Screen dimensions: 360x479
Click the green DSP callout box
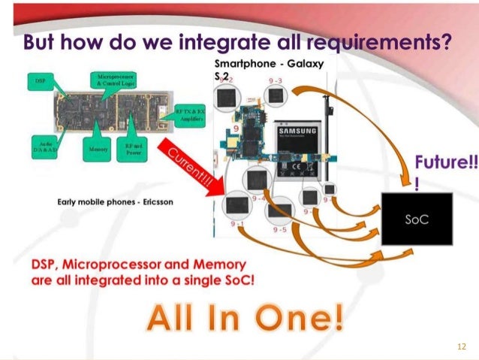pyautogui.click(x=38, y=79)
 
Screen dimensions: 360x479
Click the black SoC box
pyautogui.click(x=417, y=219)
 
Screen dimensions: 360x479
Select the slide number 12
pyautogui.click(x=461, y=346)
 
